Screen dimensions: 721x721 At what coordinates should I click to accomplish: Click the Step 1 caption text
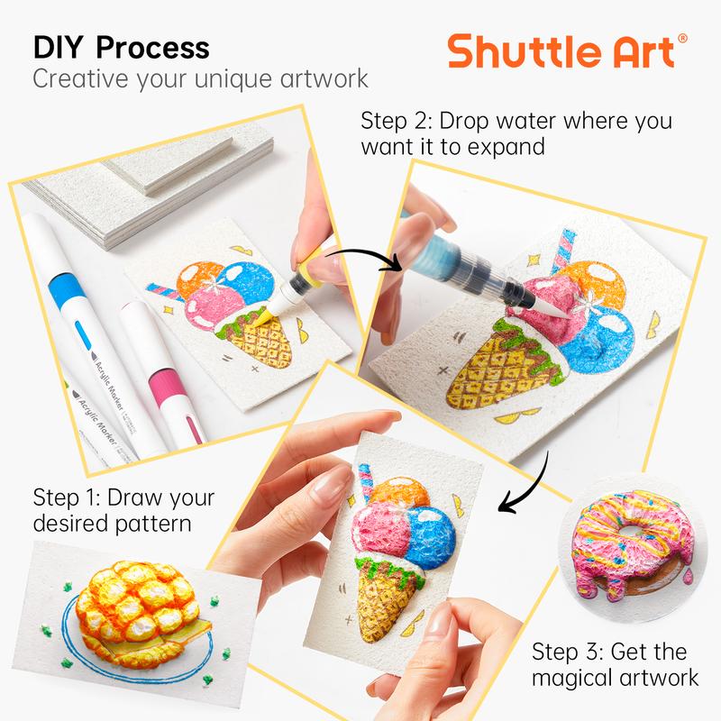coord(124,509)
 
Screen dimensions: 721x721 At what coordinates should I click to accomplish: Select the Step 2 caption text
coord(516,132)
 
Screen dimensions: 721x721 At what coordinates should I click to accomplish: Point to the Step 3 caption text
coord(609,663)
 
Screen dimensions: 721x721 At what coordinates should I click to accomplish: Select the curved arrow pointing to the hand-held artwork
coord(532,487)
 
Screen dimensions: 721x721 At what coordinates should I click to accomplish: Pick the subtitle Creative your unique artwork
coord(200,78)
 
